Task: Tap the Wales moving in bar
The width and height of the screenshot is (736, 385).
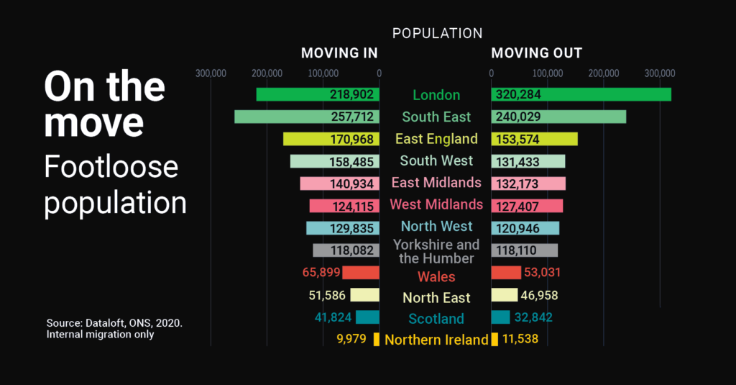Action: [361, 273]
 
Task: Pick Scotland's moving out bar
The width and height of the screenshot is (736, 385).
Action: [500, 317]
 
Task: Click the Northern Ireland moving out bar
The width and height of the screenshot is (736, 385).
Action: [494, 339]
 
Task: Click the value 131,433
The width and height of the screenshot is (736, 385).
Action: [515, 161]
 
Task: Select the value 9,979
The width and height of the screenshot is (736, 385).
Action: [351, 339]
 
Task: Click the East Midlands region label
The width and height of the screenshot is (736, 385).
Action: [436, 182]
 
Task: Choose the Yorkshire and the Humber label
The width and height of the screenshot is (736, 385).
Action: [436, 251]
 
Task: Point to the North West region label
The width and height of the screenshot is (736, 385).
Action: [436, 226]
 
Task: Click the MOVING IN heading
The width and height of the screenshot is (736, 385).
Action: [339, 53]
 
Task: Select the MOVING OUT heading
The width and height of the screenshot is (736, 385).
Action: [536, 53]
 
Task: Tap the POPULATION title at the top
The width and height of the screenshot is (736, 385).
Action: [437, 33]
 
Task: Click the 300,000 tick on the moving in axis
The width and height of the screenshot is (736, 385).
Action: [211, 73]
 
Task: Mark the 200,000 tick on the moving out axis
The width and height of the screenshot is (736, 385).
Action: [603, 73]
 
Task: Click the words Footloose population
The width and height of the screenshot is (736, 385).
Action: [115, 184]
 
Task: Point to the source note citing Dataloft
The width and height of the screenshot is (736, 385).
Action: [114, 328]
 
